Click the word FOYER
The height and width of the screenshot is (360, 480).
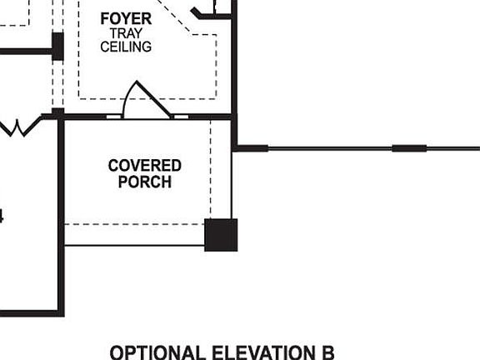[126, 18]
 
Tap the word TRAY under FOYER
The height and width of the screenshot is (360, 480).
[126, 33]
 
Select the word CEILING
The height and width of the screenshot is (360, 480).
[126, 47]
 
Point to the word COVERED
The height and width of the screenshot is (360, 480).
[144, 166]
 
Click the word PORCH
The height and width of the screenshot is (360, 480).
[144, 182]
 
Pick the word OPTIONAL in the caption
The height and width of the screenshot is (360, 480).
[157, 352]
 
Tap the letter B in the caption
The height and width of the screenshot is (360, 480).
[327, 352]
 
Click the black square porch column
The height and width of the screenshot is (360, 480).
[221, 235]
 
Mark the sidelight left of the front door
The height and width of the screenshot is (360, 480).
[114, 117]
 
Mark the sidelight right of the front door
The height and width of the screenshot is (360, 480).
[180, 117]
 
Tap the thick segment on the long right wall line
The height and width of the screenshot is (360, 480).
[409, 149]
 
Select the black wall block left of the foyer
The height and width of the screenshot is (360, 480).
[57, 46]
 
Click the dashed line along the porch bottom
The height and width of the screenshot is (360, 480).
[133, 223]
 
